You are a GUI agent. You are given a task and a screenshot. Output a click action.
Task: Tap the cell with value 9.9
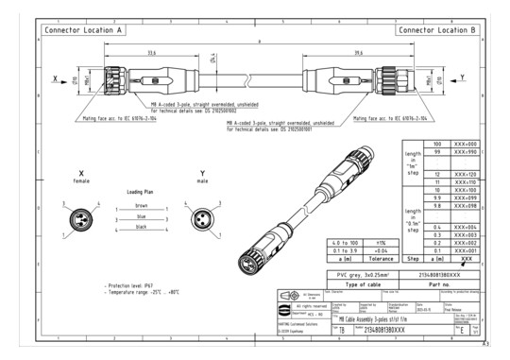pyautogui.click(x=411, y=198)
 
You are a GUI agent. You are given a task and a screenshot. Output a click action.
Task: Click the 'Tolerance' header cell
pyautogui.click(x=352, y=258)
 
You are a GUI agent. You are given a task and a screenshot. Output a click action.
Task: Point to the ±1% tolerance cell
pyautogui.click(x=352, y=241)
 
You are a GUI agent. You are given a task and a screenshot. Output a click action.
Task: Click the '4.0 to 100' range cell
pyautogui.click(x=311, y=241)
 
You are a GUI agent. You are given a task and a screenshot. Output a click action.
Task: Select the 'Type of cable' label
pyautogui.click(x=349, y=283)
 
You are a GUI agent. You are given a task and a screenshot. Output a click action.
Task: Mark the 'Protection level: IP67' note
pyautogui.click(x=132, y=282)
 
